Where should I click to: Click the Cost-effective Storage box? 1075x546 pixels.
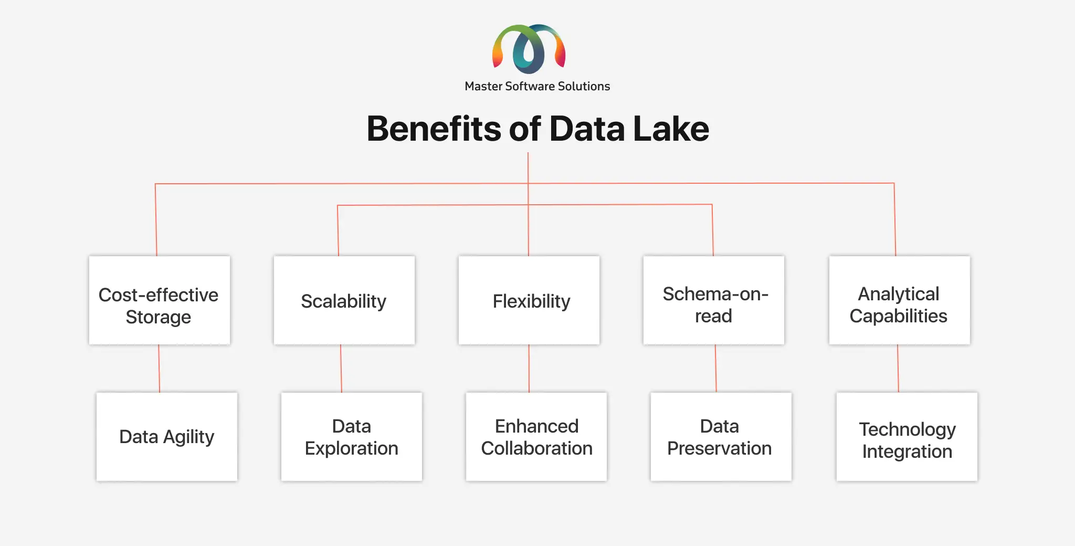point(160,300)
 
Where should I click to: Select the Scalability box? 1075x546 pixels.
point(344,300)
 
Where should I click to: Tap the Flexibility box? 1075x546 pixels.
point(529,300)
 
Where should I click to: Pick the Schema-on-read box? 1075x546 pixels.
point(714,300)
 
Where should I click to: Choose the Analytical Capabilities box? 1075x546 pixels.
point(900,300)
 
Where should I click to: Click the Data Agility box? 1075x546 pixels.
point(167,437)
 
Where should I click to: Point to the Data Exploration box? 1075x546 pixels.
point(352,437)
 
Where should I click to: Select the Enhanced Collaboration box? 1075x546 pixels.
point(536,437)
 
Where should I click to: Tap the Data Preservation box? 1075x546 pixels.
point(721,437)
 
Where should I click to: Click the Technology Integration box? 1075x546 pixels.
point(907,437)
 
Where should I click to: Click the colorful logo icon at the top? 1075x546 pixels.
point(529,49)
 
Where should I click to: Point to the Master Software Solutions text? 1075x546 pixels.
point(537,86)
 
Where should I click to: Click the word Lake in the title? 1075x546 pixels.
point(671,129)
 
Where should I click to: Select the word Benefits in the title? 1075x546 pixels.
point(434,129)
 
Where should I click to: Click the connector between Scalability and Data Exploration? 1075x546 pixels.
point(341,369)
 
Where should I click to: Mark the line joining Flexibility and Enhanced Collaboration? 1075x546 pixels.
point(529,369)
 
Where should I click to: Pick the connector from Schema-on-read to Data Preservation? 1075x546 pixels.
point(716,369)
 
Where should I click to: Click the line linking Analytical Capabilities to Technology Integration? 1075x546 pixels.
point(898,369)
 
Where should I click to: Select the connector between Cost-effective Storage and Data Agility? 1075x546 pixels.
point(159,369)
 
